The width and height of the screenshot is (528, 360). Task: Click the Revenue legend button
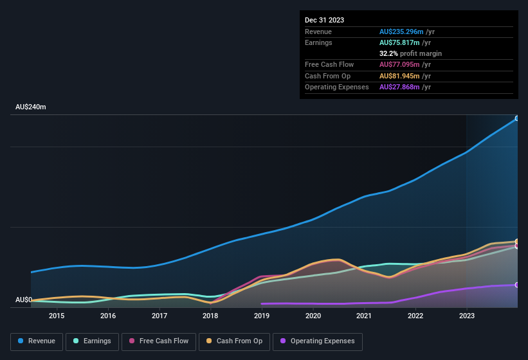tap(37, 341)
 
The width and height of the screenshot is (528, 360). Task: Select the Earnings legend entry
tap(92, 341)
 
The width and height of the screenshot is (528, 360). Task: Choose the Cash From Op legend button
tap(234, 341)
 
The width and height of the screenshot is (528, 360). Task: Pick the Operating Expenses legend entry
tap(318, 341)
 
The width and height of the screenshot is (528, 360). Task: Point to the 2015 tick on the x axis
tap(57, 316)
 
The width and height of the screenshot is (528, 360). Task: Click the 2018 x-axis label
tap(210, 316)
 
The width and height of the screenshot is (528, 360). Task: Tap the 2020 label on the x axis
tap(313, 316)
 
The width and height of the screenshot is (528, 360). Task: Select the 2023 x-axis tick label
tap(467, 316)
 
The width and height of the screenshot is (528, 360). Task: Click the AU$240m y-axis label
tap(31, 107)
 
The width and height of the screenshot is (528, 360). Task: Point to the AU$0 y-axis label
tap(24, 300)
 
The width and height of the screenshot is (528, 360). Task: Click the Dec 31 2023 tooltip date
tap(325, 20)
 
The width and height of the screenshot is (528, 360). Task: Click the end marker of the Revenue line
tap(517, 118)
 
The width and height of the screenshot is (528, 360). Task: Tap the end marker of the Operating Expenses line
tap(517, 285)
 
